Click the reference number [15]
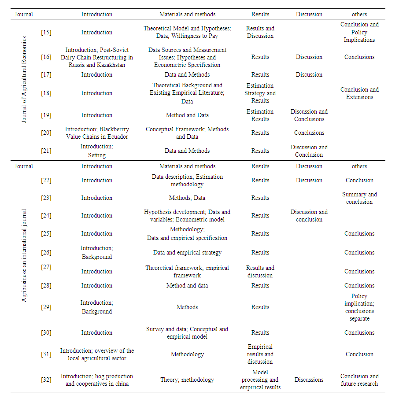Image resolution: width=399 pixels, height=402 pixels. (46, 32)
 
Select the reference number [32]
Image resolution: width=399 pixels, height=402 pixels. (46, 380)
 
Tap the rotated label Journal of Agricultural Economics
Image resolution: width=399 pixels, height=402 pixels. (24, 80)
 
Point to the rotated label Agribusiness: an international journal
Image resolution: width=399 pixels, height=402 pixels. (24, 255)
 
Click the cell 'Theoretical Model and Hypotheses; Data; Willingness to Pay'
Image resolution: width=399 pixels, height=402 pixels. (187, 32)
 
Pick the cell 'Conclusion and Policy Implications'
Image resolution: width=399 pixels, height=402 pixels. (359, 32)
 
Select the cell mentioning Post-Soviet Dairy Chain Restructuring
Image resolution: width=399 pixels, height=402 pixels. (97, 57)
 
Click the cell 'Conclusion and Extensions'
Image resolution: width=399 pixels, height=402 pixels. (359, 93)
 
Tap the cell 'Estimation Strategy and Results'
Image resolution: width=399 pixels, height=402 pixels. (260, 93)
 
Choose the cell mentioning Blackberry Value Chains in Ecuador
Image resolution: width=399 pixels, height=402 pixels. (97, 133)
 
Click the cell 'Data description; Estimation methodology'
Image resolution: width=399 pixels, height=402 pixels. (187, 181)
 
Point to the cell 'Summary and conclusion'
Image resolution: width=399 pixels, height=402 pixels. (359, 198)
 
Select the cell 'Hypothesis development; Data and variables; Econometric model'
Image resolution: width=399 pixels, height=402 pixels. (187, 216)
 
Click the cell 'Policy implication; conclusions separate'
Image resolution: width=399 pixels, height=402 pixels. (359, 307)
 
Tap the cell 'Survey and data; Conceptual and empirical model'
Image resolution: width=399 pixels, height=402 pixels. (187, 333)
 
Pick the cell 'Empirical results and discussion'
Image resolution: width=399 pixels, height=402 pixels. (260, 354)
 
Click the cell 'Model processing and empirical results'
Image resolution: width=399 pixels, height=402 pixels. (260, 380)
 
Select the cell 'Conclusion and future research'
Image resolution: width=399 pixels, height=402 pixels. (359, 380)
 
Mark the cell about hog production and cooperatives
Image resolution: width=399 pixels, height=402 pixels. (97, 380)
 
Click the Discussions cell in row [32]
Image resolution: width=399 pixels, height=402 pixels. (309, 380)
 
